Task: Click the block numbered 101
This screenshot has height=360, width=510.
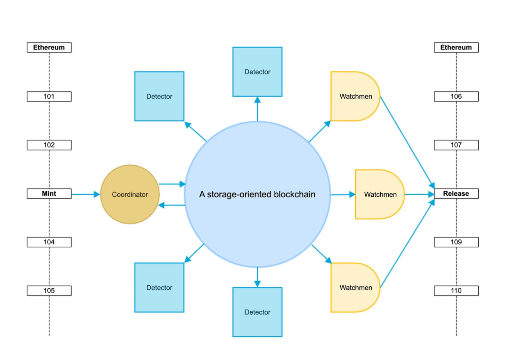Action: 49,96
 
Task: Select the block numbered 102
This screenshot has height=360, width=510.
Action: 49,145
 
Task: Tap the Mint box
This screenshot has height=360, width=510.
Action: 49,194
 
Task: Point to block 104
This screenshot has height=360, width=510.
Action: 49,242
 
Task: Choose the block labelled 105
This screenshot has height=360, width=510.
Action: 49,291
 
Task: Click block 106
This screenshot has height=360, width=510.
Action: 456,96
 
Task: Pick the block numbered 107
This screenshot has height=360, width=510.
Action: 456,145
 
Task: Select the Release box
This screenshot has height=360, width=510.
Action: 456,194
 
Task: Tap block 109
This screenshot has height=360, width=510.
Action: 456,242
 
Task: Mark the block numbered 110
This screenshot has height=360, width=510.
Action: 456,291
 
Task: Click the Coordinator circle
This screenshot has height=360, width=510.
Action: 130,194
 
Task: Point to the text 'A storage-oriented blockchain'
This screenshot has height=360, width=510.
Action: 257,194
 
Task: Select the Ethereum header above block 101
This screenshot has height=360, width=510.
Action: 49,47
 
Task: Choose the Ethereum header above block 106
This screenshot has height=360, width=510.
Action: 456,47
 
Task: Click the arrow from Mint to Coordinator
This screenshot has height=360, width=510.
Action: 86,194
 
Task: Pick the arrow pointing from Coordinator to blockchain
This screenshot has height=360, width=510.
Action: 172,184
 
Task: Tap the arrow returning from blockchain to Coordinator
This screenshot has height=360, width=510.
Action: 172,205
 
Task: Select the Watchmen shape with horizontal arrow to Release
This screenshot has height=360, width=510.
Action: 380,194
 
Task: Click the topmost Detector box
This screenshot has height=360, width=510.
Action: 257,72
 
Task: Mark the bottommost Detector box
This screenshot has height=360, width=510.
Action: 257,312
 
